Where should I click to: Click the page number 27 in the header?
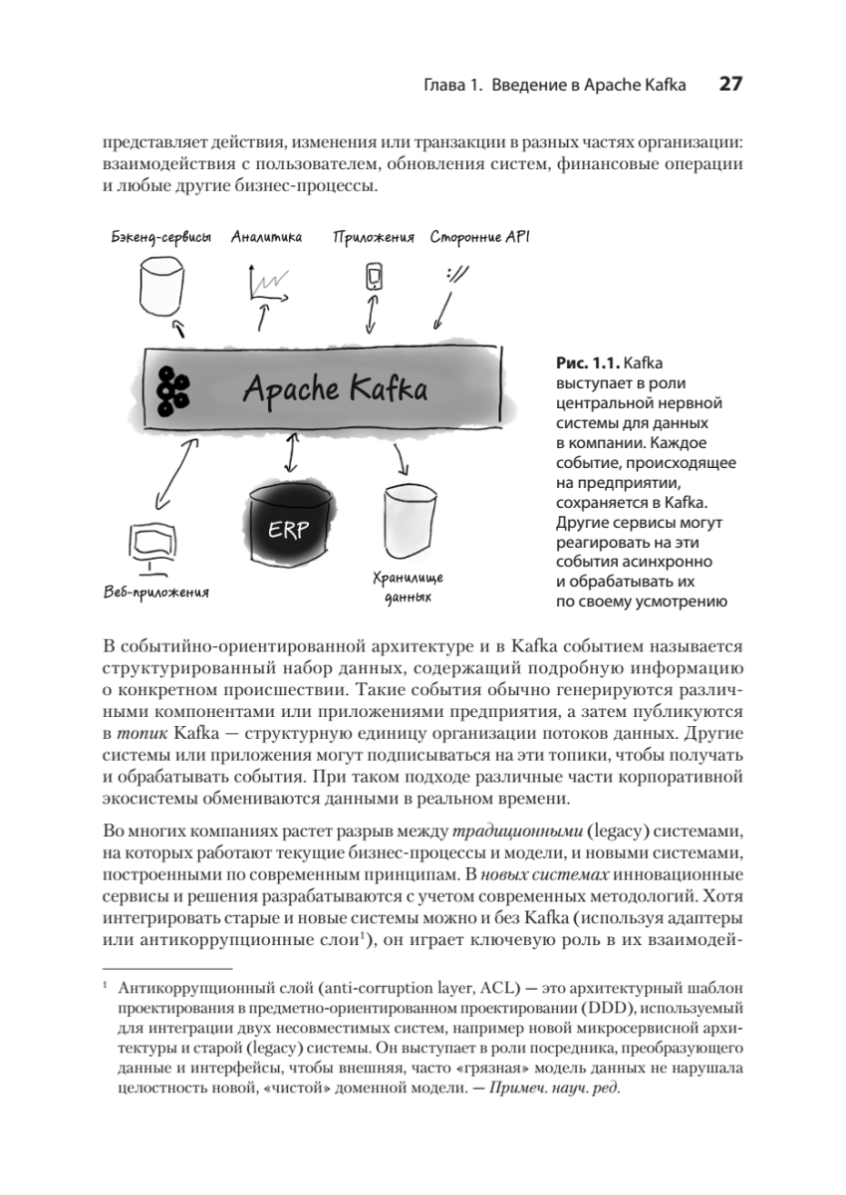point(729,85)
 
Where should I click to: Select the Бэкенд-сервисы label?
point(161,238)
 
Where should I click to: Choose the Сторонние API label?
point(480,238)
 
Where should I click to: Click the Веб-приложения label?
point(156,595)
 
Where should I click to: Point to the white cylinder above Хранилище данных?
point(411,520)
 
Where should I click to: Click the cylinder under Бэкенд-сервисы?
point(161,287)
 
